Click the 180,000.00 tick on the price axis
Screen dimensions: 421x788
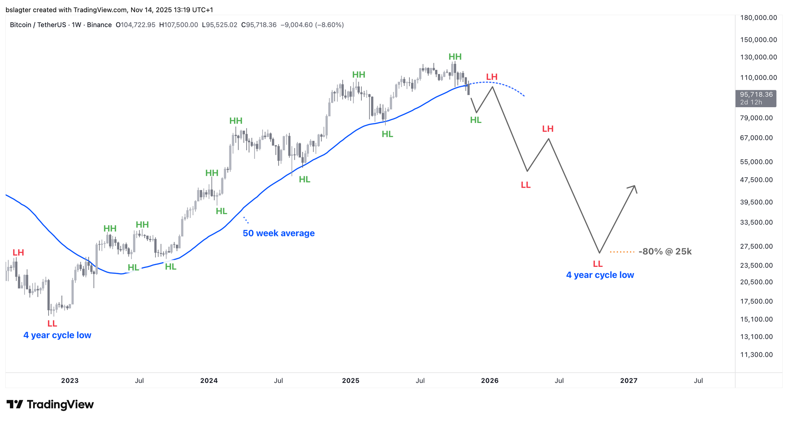click(758, 18)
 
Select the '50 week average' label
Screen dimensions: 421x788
click(279, 233)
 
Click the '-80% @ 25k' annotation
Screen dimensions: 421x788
click(665, 251)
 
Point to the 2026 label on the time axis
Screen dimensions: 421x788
click(490, 381)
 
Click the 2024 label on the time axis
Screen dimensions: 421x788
click(209, 381)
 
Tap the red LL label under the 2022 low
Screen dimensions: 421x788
click(52, 324)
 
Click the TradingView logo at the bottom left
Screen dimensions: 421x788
click(50, 404)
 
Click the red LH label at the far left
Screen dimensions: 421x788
click(18, 253)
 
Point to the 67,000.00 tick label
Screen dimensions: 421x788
click(756, 138)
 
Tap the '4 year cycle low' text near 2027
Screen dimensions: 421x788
click(600, 275)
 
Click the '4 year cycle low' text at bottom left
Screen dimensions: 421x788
click(57, 335)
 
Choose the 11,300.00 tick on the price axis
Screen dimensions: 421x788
click(756, 355)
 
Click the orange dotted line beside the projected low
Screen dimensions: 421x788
click(622, 251)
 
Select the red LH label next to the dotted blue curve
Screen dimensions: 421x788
click(492, 77)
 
